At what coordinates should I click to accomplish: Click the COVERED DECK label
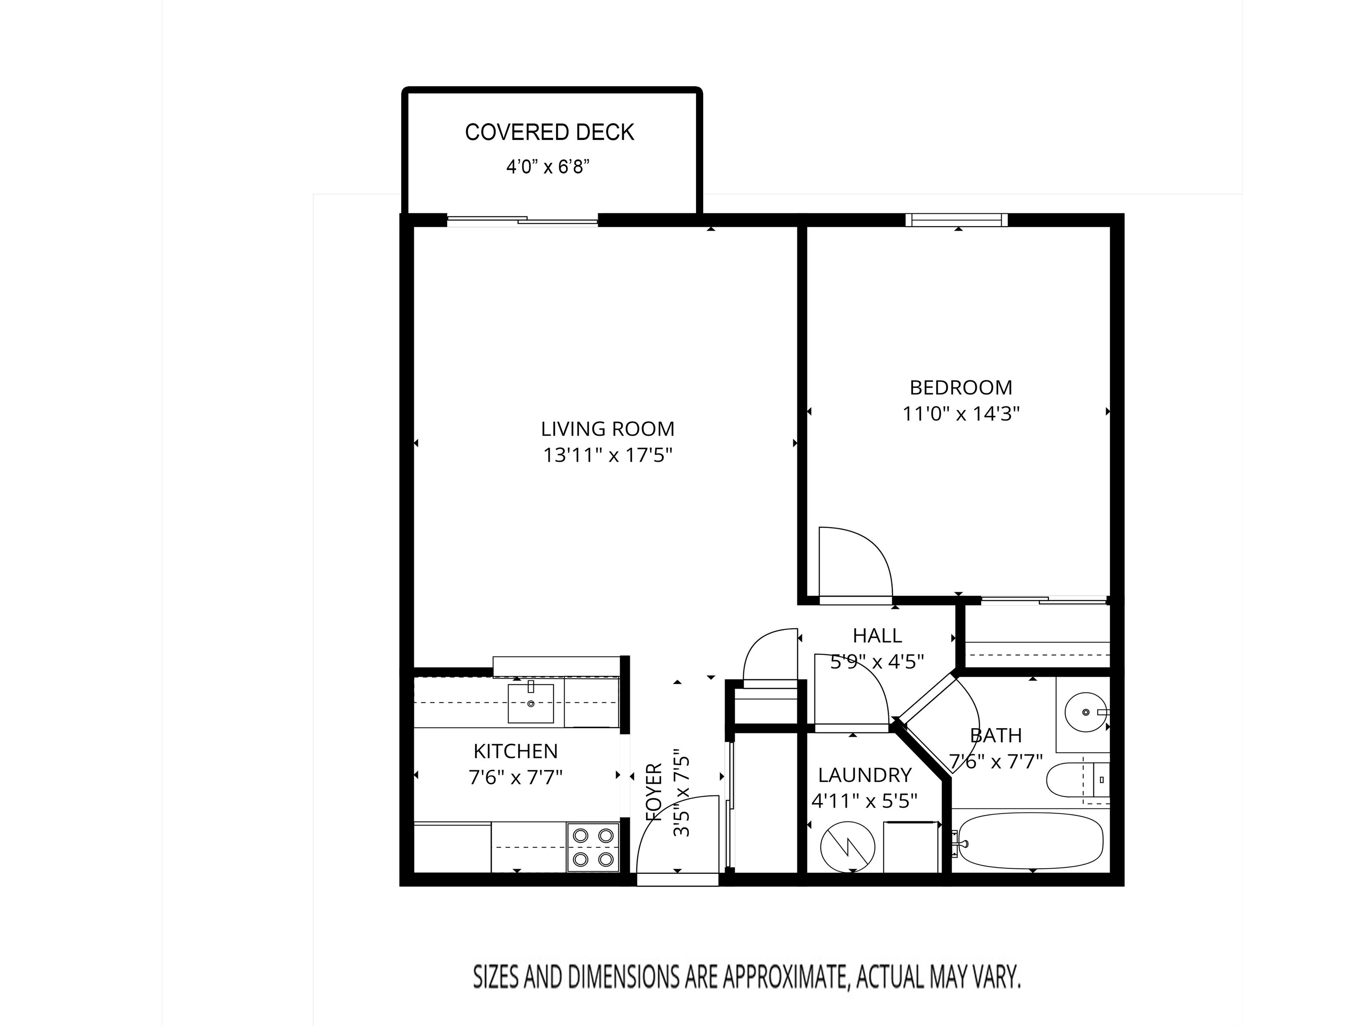tap(549, 132)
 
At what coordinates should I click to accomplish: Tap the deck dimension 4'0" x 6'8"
tap(547, 167)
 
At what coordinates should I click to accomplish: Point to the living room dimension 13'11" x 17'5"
tap(607, 455)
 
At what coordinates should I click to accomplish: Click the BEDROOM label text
tap(961, 388)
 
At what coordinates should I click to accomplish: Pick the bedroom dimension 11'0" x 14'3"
tap(961, 414)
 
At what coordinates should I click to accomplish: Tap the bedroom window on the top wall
tap(956, 220)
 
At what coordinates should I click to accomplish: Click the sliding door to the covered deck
tap(523, 220)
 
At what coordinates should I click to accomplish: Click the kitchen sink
tap(531, 703)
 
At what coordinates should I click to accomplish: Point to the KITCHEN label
tap(515, 751)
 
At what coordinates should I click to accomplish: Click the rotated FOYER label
tap(654, 792)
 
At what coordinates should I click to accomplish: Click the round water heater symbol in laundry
tap(847, 848)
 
